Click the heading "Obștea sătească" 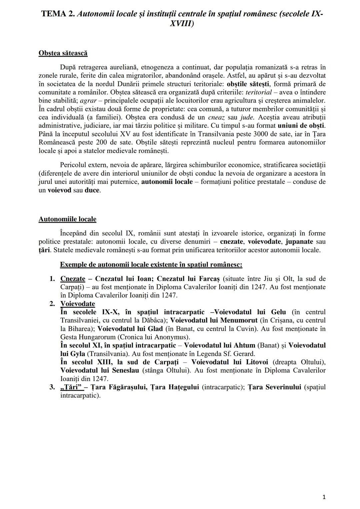(63, 53)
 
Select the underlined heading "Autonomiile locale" (67, 219)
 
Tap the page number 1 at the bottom (324, 497)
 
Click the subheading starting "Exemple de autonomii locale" (151, 265)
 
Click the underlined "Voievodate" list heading (78, 304)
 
